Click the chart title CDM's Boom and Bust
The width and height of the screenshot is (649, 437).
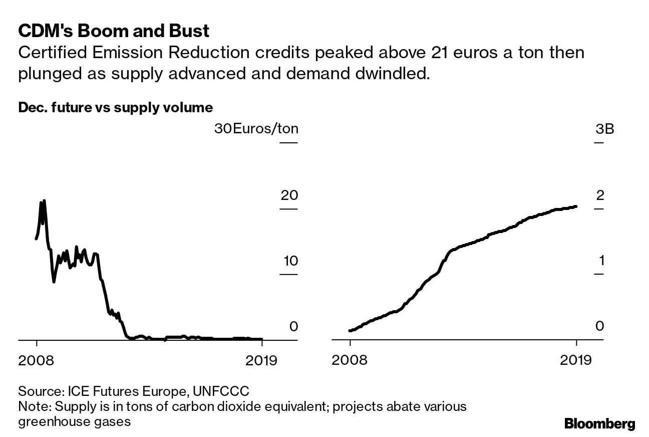pos(113,32)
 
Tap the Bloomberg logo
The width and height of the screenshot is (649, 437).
pos(599,423)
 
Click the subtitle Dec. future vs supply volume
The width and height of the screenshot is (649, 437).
pos(115,107)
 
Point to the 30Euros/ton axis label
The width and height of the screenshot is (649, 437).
pos(256,129)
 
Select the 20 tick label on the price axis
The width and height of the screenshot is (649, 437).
pos(289,195)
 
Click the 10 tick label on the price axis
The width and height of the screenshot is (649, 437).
pos(289,261)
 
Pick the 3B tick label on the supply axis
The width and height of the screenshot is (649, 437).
pos(604,129)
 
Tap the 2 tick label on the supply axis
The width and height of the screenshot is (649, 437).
pos(600,195)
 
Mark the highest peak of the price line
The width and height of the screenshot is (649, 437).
pos(44,200)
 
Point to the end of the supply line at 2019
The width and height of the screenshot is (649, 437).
pos(576,206)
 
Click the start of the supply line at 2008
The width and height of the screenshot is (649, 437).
pos(350,330)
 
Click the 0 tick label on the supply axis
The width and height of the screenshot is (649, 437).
pos(600,326)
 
